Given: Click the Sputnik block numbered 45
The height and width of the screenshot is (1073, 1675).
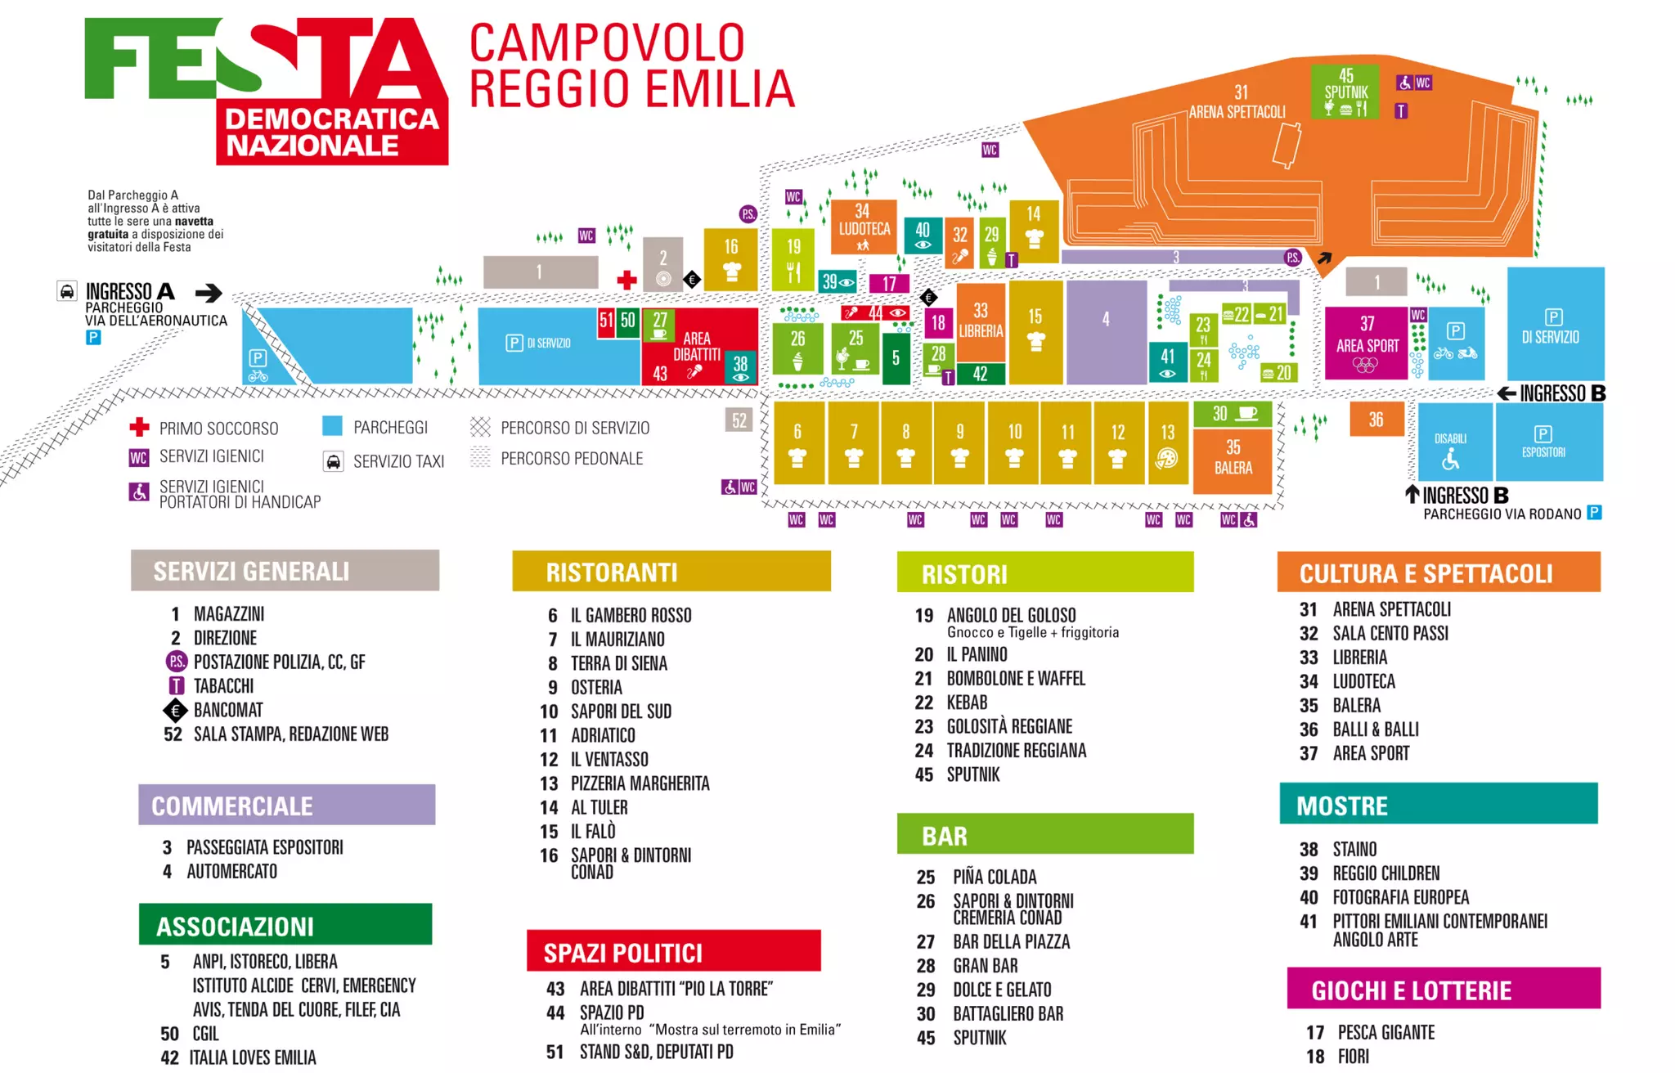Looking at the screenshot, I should point(1345,91).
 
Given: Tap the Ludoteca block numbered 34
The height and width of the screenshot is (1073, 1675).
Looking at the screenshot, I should point(864,226).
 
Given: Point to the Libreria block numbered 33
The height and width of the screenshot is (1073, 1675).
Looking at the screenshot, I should point(980,322).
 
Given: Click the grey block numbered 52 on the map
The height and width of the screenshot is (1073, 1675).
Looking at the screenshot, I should point(739,420).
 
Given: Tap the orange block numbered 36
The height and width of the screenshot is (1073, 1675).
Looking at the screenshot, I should point(1376,420).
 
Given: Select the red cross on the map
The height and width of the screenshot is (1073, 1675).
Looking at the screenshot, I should point(626,280).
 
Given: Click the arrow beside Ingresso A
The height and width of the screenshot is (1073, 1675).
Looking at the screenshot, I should point(209,293).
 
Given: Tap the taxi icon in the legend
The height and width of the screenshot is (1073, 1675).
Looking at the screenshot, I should point(333,462).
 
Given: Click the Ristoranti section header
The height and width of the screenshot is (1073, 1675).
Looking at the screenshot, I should point(671,572).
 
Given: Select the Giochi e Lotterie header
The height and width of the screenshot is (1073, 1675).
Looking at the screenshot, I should point(1443,990).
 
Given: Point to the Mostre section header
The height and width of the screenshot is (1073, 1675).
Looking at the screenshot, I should point(1438,805).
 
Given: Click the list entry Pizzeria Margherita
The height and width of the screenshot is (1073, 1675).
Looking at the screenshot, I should point(640,783).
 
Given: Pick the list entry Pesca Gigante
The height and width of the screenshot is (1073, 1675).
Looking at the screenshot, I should point(1385,1032).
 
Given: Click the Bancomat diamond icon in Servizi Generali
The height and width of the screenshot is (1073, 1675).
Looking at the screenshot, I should point(175,710).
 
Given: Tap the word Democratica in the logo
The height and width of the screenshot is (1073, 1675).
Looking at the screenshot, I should point(331,119).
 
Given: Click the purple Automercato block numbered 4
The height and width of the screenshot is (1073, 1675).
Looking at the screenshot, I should point(1106,332).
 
